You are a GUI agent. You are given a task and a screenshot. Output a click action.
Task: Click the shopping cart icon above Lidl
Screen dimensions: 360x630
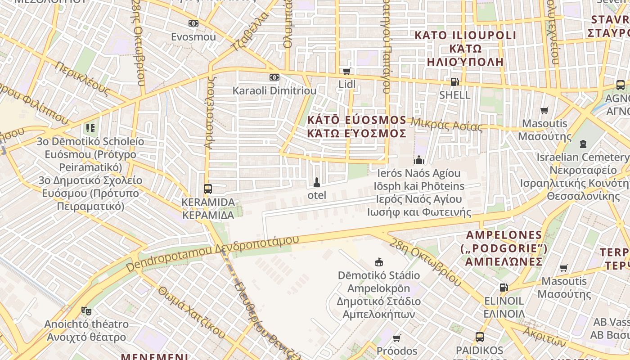click(x=346, y=71)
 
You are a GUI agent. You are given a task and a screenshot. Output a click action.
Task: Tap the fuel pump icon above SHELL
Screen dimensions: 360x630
click(x=455, y=82)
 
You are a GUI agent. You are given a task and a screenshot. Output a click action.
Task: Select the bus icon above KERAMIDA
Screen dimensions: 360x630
click(x=208, y=189)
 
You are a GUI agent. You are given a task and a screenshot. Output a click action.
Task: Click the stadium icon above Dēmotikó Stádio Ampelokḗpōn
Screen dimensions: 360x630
click(x=379, y=262)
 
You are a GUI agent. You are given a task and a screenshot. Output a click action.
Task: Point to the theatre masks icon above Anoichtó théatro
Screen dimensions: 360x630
click(x=86, y=310)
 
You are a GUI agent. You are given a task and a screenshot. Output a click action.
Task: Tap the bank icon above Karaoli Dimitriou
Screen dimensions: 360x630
click(x=274, y=77)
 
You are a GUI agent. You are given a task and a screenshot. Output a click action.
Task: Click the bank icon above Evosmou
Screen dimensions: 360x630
click(x=193, y=23)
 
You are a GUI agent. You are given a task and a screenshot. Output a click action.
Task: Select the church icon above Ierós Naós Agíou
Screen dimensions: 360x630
click(x=419, y=160)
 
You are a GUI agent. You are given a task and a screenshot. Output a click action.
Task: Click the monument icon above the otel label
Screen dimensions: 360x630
click(x=317, y=182)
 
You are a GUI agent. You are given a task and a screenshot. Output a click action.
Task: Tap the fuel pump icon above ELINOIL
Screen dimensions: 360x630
click(x=504, y=288)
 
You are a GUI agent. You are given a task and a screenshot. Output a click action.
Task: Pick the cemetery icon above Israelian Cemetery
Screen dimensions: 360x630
click(x=583, y=144)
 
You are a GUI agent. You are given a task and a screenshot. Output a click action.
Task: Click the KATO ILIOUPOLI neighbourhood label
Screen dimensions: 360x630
click(x=465, y=35)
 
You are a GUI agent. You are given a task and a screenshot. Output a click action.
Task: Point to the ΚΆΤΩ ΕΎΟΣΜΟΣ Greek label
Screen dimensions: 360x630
click(x=356, y=133)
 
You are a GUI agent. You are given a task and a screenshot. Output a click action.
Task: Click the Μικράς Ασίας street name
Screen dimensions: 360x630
click(x=446, y=124)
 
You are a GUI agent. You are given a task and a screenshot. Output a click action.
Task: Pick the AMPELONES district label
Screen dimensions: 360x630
click(x=504, y=235)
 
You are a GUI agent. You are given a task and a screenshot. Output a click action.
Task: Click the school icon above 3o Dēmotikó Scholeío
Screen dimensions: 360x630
click(x=90, y=128)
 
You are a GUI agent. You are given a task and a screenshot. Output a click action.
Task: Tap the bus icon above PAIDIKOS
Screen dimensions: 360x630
click(x=480, y=337)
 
